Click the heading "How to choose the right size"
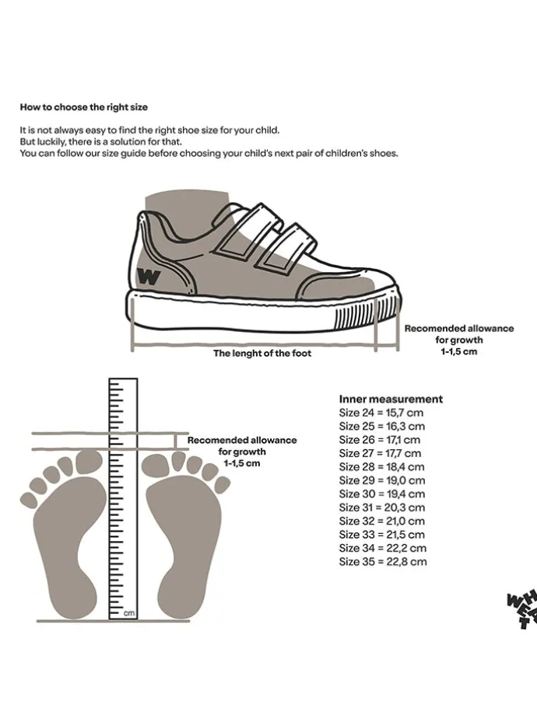pos(83,106)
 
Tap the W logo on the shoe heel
pos(149,276)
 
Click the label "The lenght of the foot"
pos(262,353)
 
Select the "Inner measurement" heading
pos(391,399)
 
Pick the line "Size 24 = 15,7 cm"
pos(381,413)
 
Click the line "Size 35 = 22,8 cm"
pos(383,561)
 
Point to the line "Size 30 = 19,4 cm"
pos(382,494)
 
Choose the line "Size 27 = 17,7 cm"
pos(380,453)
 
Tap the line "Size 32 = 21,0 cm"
pos(382,521)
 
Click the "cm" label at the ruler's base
pos(128,613)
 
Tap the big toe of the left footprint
pos(89,462)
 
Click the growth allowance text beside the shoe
pos(458,340)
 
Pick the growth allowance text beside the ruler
pos(242,451)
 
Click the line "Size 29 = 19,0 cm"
pos(382,480)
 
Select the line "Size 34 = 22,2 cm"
pos(383,548)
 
